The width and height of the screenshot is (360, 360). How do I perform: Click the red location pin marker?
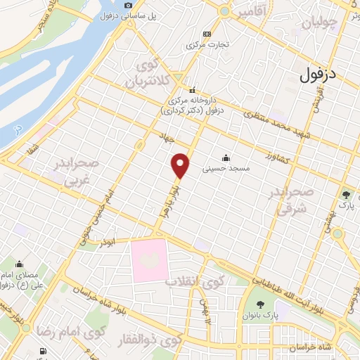181,165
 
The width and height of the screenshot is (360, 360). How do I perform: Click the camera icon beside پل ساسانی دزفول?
128,6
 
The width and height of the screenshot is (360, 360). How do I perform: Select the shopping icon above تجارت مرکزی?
207,34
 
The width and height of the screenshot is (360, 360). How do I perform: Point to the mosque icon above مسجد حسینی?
226,157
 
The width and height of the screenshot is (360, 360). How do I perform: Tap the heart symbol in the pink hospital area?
148,260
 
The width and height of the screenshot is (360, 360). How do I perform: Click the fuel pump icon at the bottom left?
44,351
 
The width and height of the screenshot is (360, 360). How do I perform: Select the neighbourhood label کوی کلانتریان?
149,74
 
